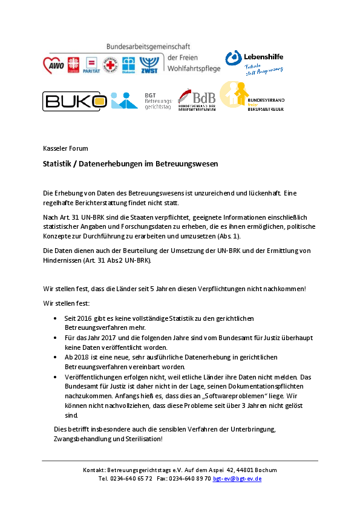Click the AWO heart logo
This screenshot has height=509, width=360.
pyautogui.click(x=54, y=65)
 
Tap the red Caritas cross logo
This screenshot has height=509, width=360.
pyautogui.click(x=73, y=65)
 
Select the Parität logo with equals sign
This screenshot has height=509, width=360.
pyautogui.click(x=91, y=65)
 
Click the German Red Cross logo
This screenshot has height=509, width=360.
pyautogui.click(x=110, y=65)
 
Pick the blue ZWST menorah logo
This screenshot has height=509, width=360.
pyautogui.click(x=149, y=65)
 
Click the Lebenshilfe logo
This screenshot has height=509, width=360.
pyautogui.click(x=255, y=63)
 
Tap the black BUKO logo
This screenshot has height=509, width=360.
pyautogui.click(x=74, y=101)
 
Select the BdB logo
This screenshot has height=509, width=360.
pyautogui.click(x=197, y=100)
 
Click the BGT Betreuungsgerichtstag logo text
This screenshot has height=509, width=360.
pyautogui.click(x=158, y=101)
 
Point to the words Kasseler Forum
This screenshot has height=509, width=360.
pyautogui.click(x=65, y=148)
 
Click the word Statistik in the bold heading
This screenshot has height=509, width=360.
pyautogui.click(x=57, y=163)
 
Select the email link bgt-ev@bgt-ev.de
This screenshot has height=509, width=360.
pyautogui.click(x=237, y=479)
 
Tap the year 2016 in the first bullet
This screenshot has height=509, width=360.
pyautogui.click(x=84, y=318)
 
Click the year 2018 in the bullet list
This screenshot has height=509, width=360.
pyautogui.click(x=81, y=357)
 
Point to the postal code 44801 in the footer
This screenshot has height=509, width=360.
pyautogui.click(x=245, y=470)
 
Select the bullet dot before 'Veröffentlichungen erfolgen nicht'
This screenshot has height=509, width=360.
pyautogui.click(x=55, y=377)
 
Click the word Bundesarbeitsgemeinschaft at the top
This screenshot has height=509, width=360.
pyautogui.click(x=148, y=47)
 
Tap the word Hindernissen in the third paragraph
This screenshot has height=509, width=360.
pyautogui.click(x=62, y=260)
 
